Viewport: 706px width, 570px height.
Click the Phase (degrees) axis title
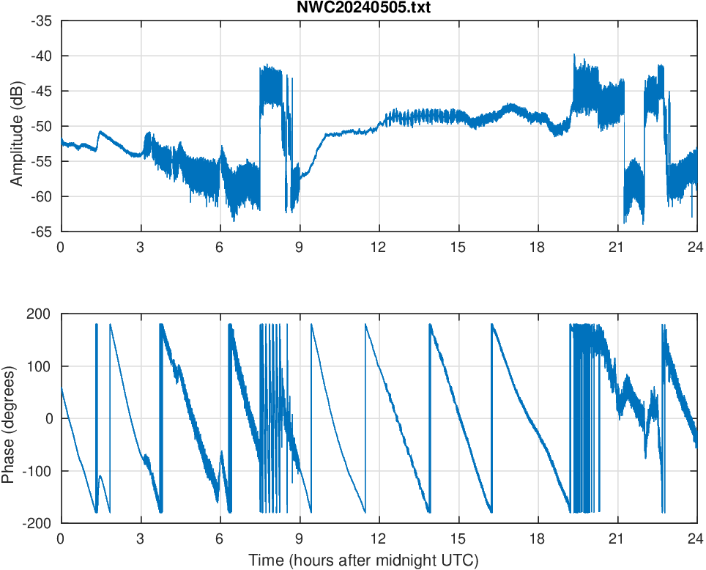(9, 418)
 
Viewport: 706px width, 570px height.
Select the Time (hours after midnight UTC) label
(363, 561)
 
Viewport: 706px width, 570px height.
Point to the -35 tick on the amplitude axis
(42, 21)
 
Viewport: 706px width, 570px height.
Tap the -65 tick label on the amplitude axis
(42, 232)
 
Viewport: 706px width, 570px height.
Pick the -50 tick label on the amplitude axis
(42, 126)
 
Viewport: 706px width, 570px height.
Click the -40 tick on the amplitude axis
(42, 56)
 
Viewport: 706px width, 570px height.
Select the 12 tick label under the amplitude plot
(379, 248)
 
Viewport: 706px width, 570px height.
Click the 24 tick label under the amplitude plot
(696, 248)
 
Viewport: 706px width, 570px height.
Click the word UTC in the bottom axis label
(462, 561)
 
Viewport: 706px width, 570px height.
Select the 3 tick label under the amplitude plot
(140, 248)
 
